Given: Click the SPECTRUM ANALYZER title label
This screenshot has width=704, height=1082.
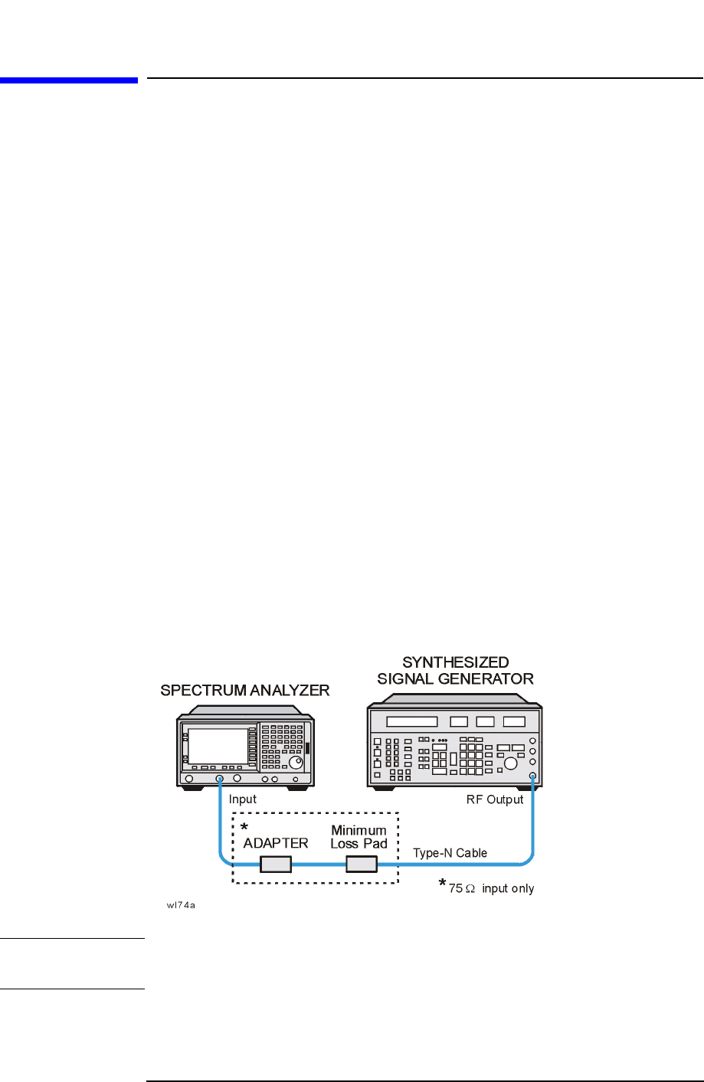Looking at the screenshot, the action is click(x=244, y=690).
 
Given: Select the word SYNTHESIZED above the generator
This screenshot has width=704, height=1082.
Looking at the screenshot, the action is click(x=455, y=662).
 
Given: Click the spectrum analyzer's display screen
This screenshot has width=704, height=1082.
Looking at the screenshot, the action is click(x=218, y=746).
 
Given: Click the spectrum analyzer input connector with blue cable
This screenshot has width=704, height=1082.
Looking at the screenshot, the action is click(x=220, y=780).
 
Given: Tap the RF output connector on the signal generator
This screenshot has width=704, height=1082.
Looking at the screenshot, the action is click(x=532, y=777).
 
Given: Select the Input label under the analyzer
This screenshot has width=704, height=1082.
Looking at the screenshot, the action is click(x=243, y=799).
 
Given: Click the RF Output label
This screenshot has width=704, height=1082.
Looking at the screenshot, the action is click(x=495, y=799).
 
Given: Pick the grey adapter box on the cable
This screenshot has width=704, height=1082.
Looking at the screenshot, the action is click(x=276, y=865).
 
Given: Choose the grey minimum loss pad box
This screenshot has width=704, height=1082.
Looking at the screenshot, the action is click(x=362, y=865).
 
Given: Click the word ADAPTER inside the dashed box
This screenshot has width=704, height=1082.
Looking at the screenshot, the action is click(x=276, y=843).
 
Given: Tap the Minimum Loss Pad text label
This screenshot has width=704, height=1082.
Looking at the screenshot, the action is click(x=359, y=837).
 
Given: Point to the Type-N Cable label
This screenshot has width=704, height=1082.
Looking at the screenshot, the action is click(x=450, y=853).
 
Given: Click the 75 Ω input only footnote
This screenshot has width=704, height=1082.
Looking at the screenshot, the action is click(x=491, y=888).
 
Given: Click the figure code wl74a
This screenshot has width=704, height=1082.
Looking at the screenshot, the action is click(x=182, y=907).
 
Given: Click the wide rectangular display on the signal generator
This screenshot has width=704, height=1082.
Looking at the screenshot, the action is click(x=412, y=721).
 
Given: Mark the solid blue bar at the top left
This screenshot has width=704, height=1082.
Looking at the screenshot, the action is click(x=69, y=80).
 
